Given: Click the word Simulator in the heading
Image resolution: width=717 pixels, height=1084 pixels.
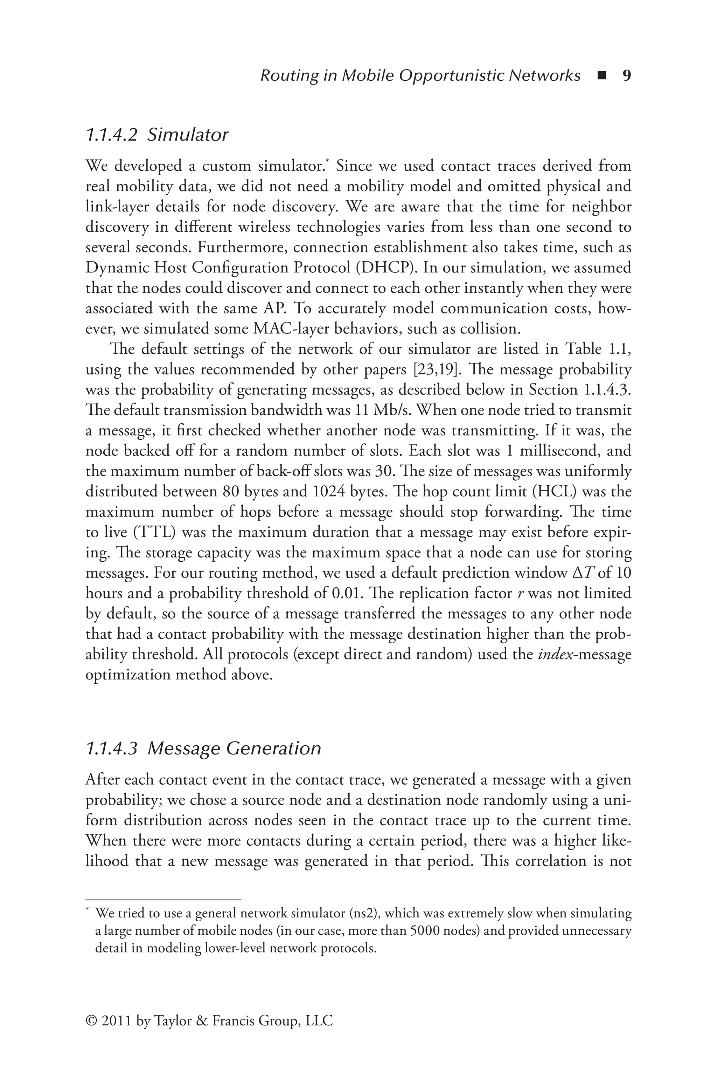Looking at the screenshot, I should click(x=188, y=135).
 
